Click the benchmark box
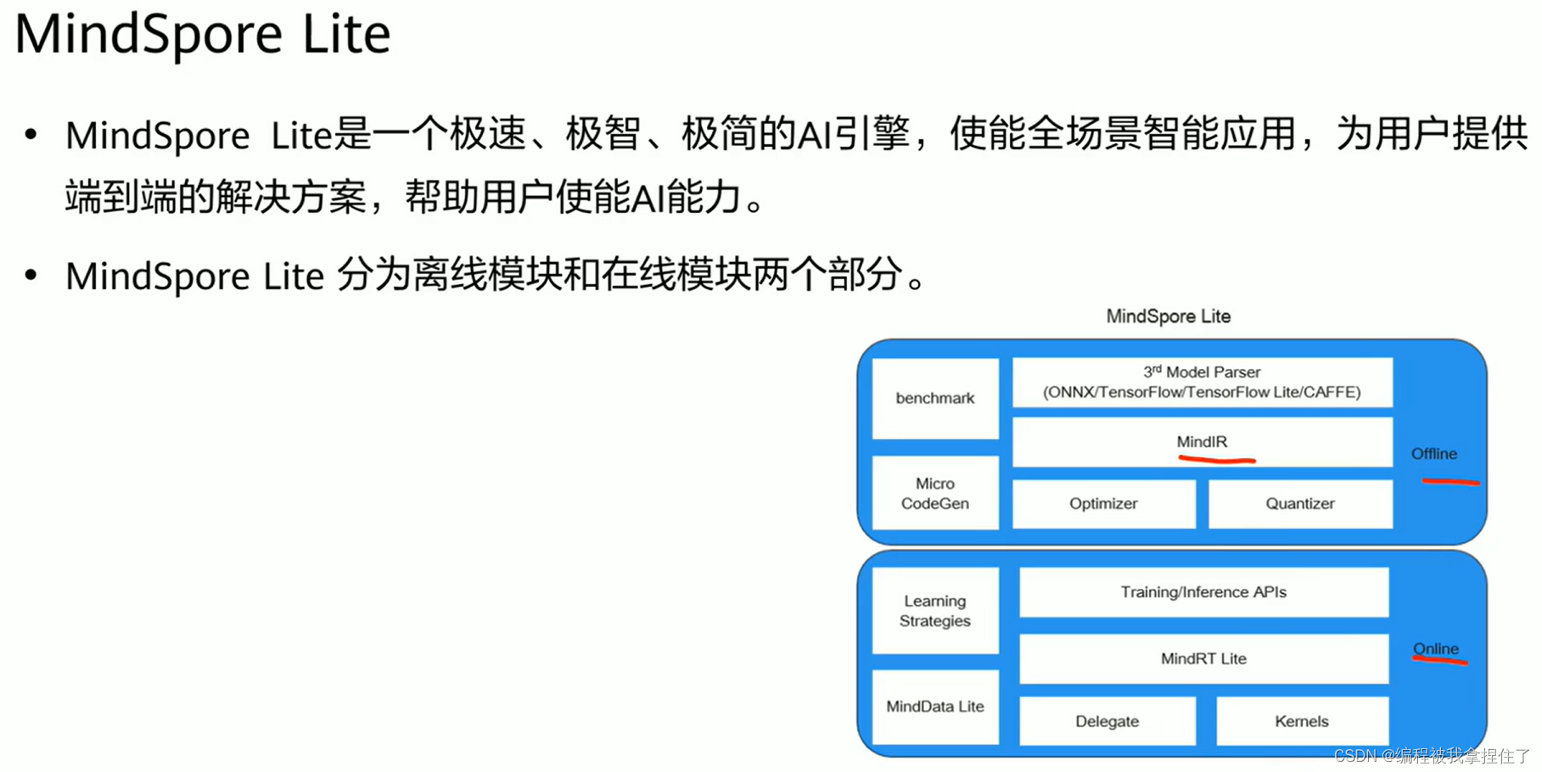coord(935,399)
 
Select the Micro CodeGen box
coord(935,493)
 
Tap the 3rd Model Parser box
coord(1203,383)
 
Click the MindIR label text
coord(1202,442)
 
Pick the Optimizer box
coord(1103,504)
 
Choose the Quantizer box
coord(1300,504)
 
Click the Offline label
coord(1434,454)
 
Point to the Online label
coord(1436,649)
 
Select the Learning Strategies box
coord(935,611)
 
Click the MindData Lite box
coord(935,707)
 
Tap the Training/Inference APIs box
coord(1203,592)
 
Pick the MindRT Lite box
coord(1203,658)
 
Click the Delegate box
coord(1107,721)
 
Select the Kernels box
coord(1302,721)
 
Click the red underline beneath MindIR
coord(1217,461)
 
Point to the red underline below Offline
coord(1451,482)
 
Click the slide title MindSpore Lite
coord(202,34)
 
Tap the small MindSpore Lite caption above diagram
coord(1169,316)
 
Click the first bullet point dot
coord(31,134)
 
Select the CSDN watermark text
coord(1432,756)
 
